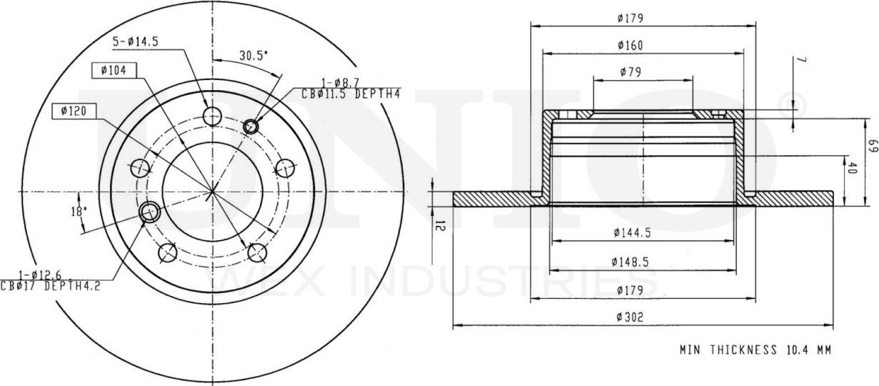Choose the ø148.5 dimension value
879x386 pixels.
pos(631,262)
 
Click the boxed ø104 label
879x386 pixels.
pos(114,70)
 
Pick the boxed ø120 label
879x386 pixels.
pos(74,112)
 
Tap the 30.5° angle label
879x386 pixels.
pos(253,55)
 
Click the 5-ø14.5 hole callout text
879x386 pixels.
pos(135,42)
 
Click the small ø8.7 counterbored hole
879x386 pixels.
pos(251,127)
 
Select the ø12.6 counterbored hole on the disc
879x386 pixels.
pos(150,211)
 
